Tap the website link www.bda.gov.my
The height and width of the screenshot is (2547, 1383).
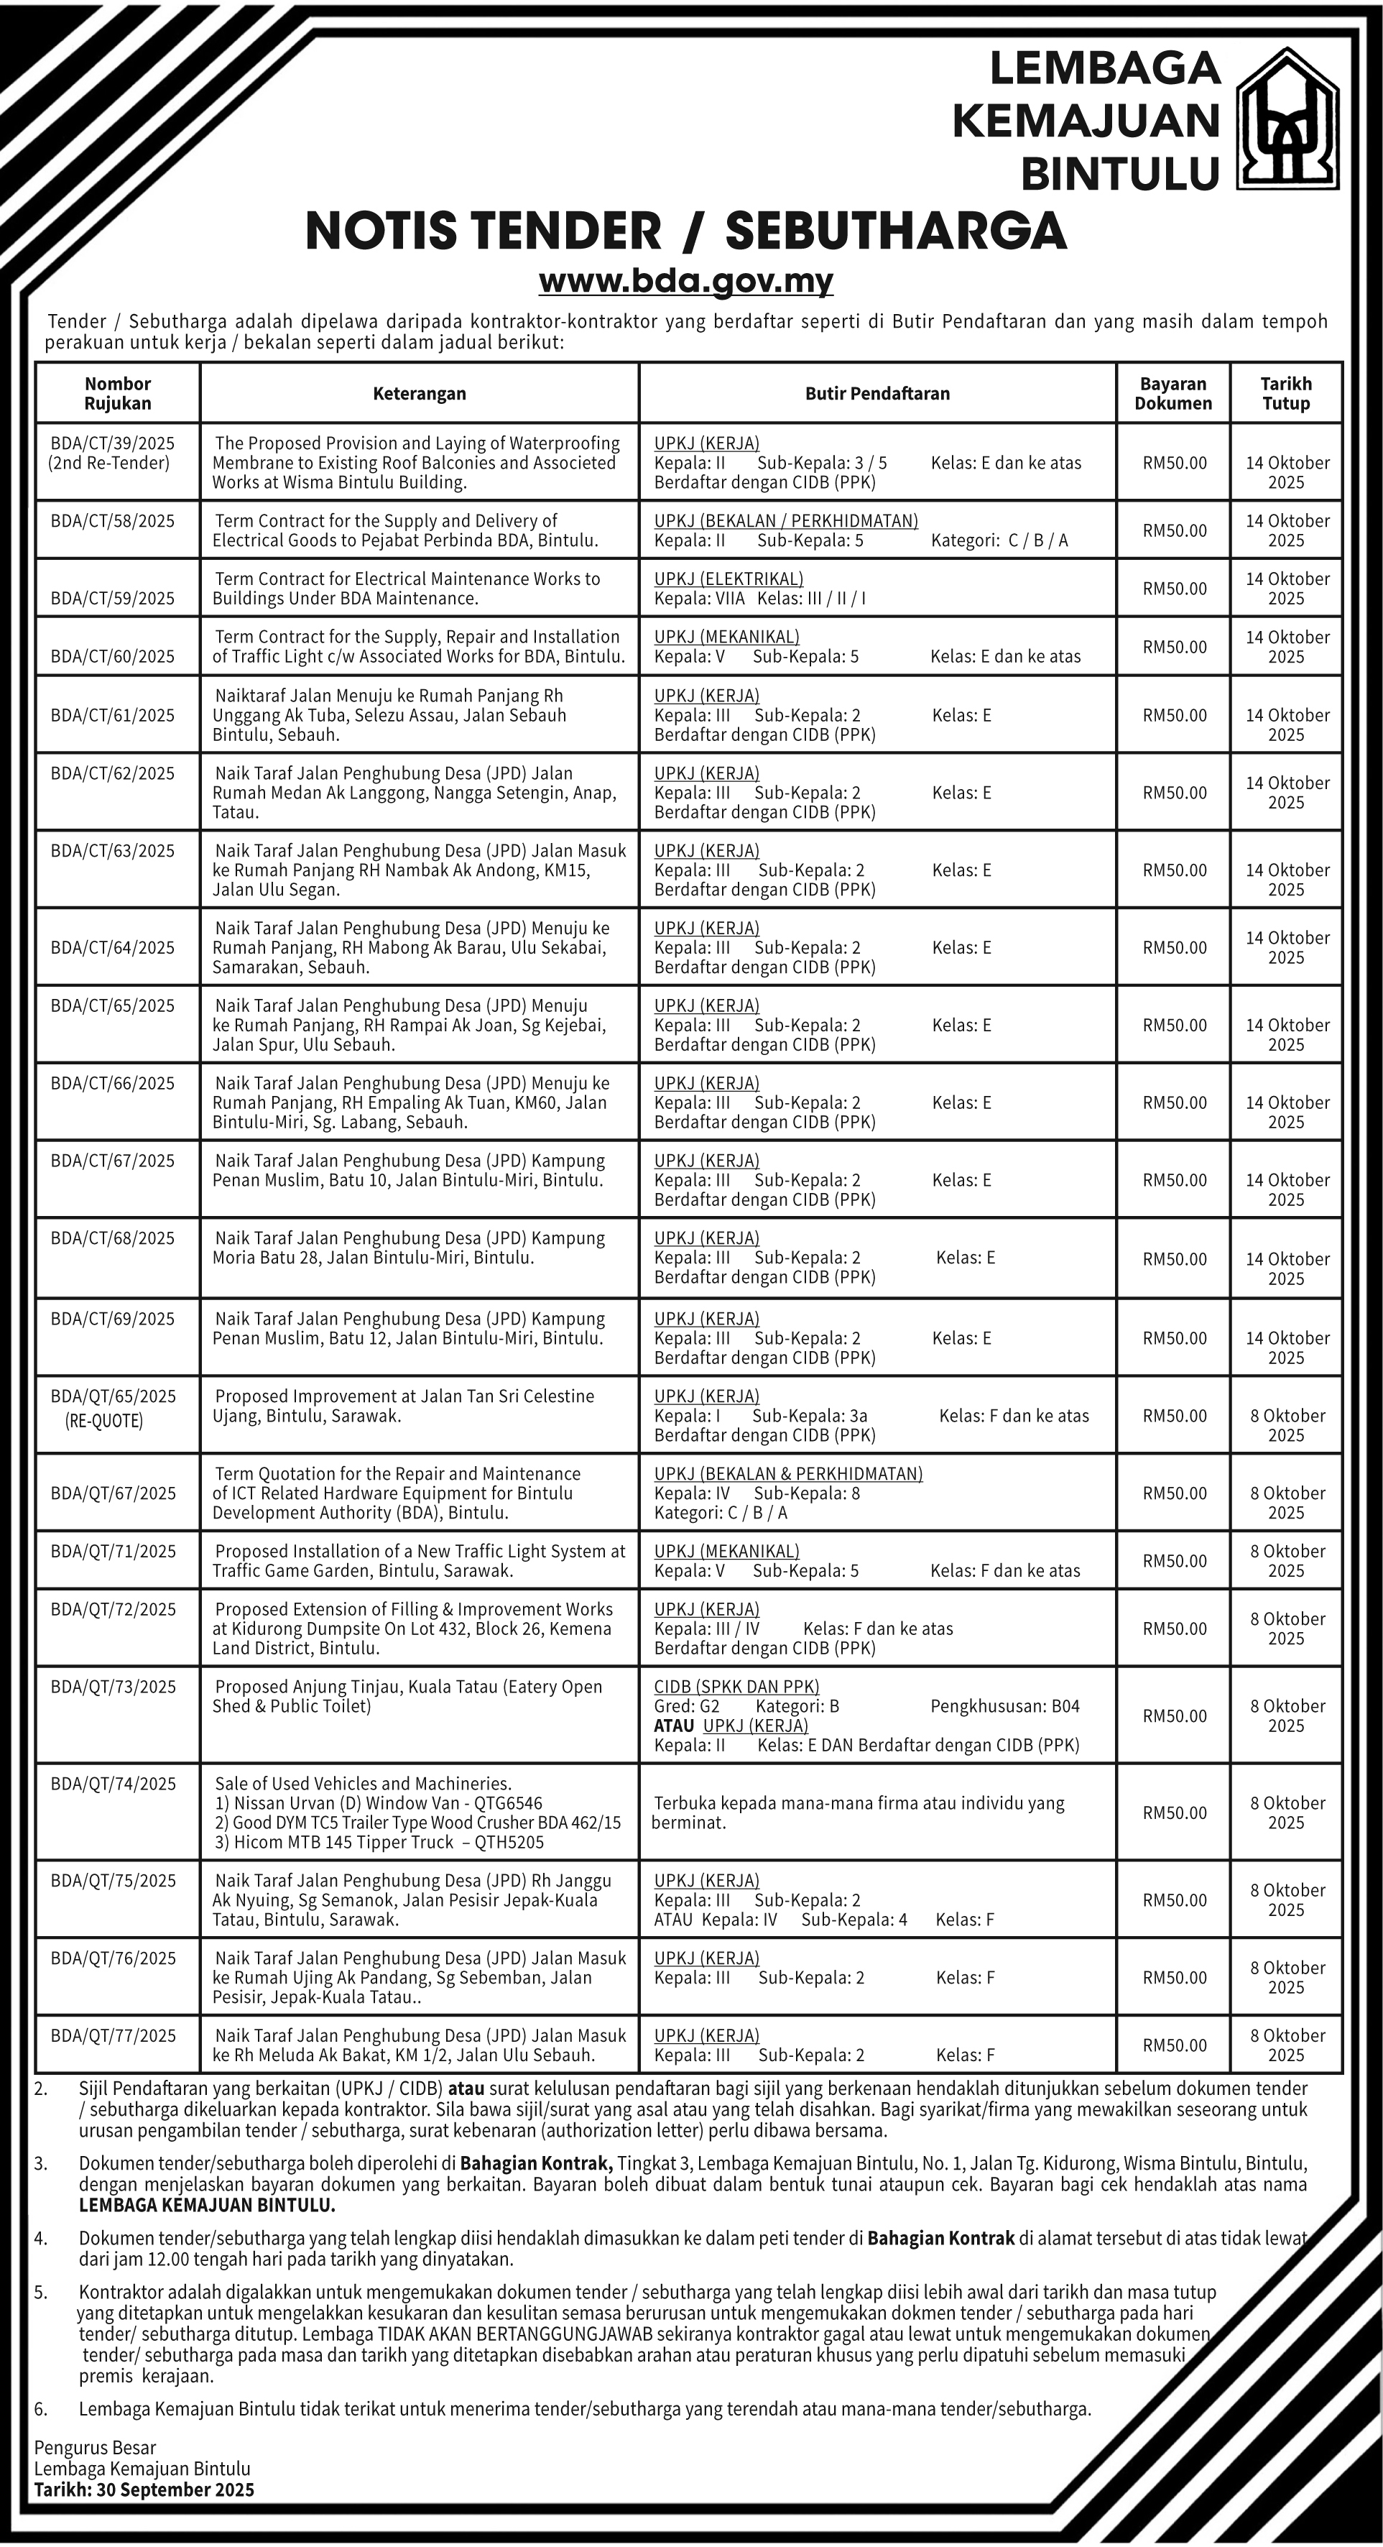686,282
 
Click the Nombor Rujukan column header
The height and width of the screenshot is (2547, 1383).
118,394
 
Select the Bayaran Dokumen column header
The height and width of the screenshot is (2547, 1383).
1173,394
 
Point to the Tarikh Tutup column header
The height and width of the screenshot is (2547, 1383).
1286,394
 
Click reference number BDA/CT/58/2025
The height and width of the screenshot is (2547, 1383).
113,521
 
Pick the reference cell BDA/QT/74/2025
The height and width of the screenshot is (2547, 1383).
113,1784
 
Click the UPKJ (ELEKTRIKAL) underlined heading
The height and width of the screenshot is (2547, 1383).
728,579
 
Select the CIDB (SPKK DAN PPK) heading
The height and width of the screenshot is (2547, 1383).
736,1687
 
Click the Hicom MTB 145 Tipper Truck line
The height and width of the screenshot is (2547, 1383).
379,1842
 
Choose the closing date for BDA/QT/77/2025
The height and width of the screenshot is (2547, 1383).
1286,2045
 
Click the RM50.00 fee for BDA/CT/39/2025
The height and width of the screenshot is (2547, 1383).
1175,463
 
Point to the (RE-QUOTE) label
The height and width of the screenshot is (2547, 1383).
105,1421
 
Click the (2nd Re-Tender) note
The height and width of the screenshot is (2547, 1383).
108,463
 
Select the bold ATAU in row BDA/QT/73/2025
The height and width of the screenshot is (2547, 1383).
674,1726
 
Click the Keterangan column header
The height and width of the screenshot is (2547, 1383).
419,394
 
